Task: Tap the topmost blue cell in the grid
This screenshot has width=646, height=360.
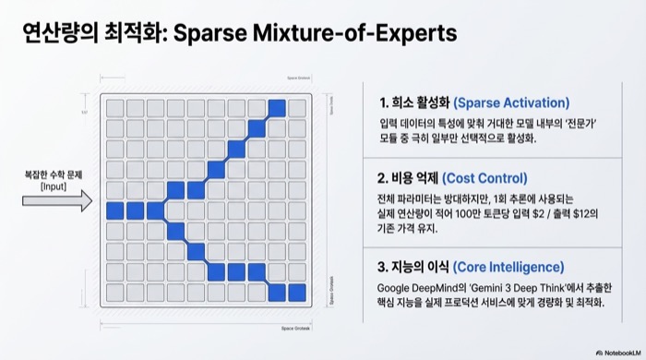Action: tap(276, 108)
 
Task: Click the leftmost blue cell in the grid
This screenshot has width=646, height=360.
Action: tap(114, 210)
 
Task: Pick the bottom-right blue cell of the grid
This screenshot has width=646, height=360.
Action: tap(296, 293)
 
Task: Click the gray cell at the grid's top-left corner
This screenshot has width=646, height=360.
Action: tap(114, 108)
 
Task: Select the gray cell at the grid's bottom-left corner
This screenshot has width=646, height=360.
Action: tap(114, 293)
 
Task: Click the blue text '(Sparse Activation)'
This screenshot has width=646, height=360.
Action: tap(512, 102)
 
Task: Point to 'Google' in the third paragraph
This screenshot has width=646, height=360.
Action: tap(396, 287)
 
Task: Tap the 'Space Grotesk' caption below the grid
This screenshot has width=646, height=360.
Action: tap(298, 327)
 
